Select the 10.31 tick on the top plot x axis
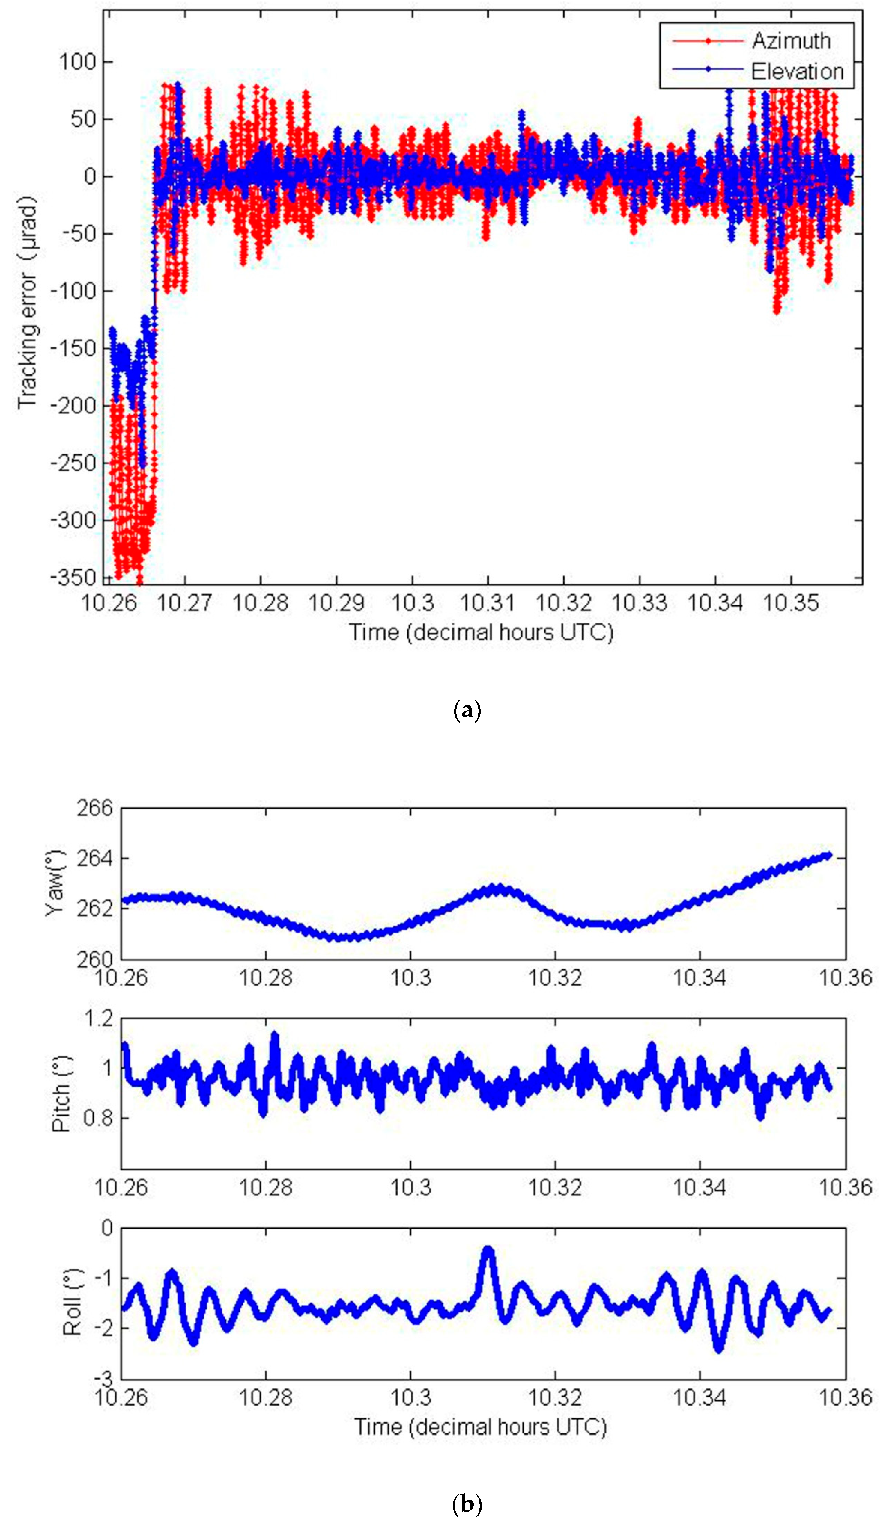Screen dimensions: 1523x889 pos(488,602)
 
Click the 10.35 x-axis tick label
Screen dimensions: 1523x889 pos(791,602)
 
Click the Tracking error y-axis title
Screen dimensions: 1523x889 pos(27,302)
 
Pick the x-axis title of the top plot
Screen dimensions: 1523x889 pos(481,632)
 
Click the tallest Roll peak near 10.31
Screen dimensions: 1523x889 pos(488,1250)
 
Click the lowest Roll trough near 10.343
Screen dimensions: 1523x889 pos(718,1348)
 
